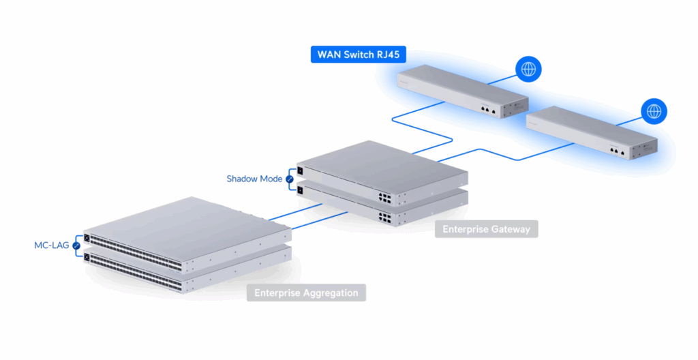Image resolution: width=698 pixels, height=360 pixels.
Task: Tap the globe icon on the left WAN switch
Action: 527,68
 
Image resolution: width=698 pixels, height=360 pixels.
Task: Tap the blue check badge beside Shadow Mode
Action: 289,179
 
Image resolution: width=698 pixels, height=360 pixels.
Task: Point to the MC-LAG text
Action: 52,245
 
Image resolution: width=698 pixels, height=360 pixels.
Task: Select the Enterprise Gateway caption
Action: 486,229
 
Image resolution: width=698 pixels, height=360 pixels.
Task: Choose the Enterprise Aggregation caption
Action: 306,293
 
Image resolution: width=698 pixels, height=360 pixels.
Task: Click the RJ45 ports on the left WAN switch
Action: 487,108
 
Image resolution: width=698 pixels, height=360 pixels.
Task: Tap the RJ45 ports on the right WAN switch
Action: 617,151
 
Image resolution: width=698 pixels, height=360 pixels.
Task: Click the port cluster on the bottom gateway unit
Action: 386,220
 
